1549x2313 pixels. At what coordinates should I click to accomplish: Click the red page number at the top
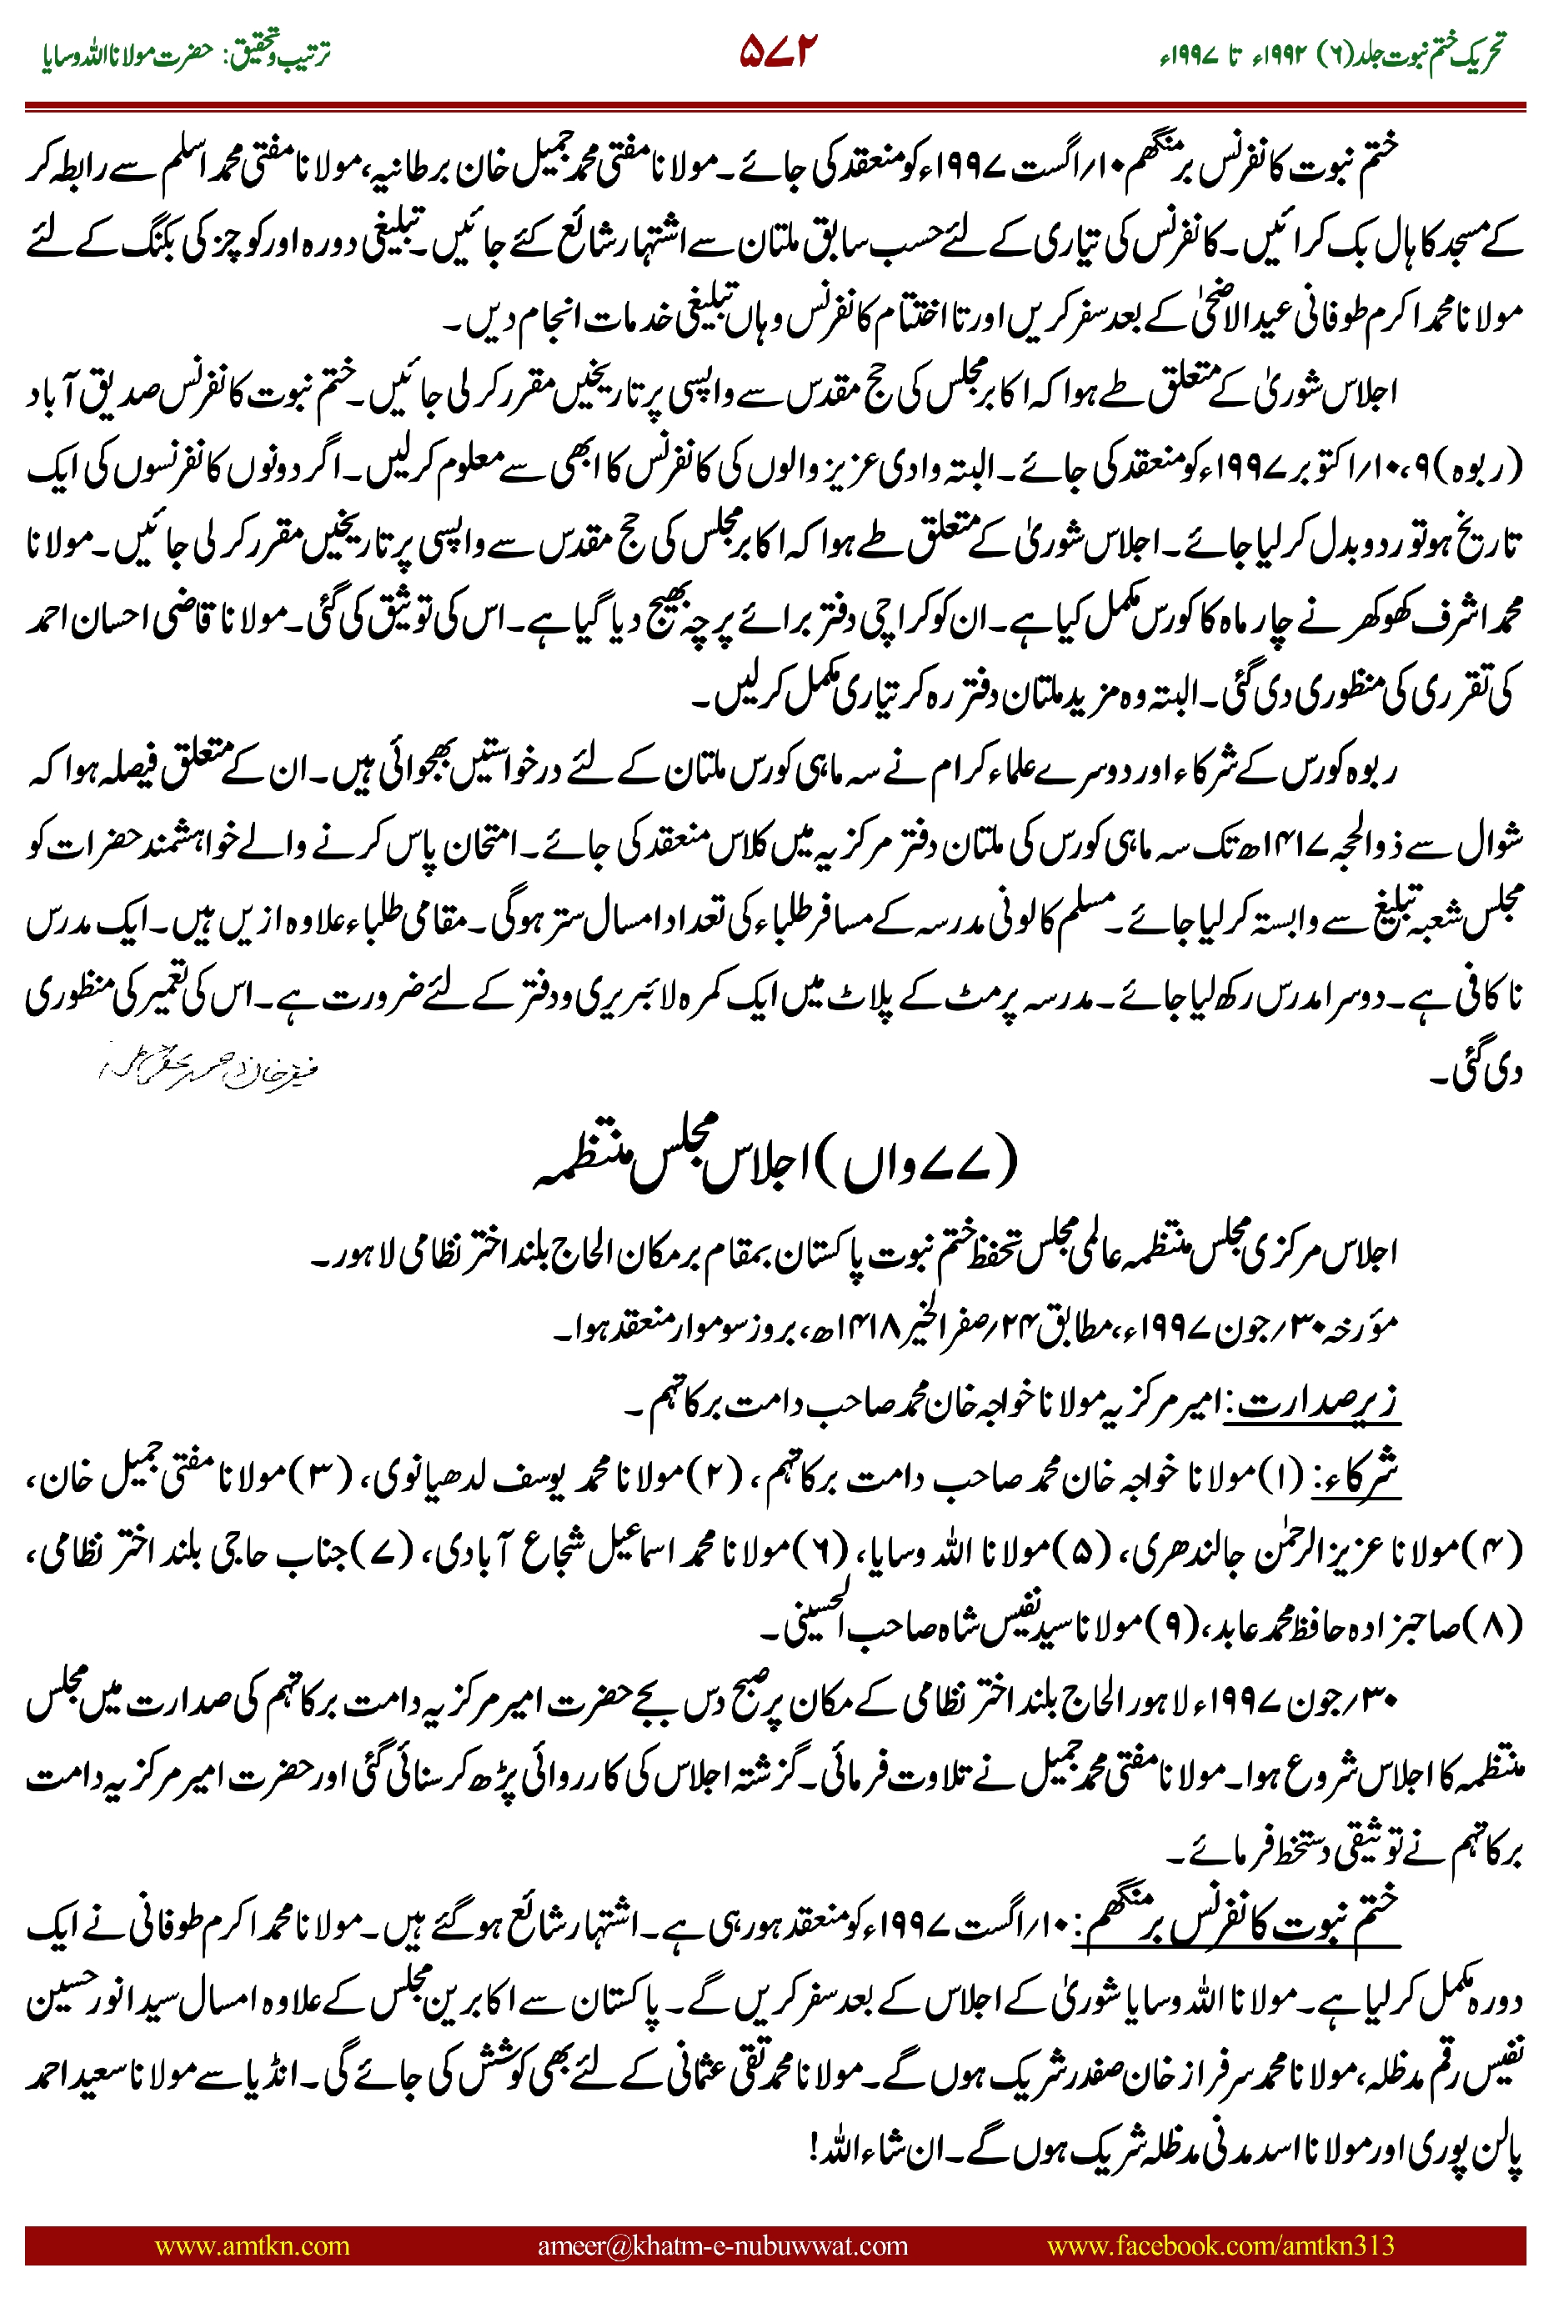click(780, 52)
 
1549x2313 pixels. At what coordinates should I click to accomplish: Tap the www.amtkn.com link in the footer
click(252, 2245)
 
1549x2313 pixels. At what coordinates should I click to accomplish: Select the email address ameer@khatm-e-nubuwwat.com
click(722, 2245)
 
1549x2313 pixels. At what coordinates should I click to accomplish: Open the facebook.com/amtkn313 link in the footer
click(1220, 2245)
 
